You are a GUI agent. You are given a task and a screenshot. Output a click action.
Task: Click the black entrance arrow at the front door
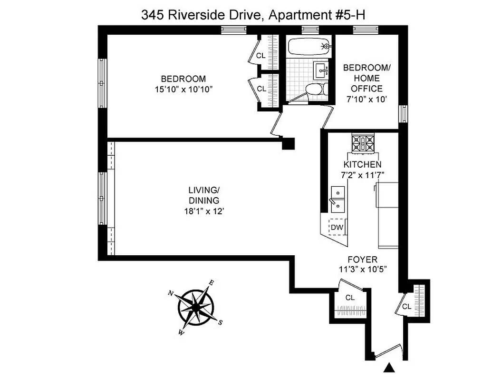[x=389, y=367]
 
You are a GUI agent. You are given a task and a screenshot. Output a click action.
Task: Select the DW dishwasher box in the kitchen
[x=337, y=227]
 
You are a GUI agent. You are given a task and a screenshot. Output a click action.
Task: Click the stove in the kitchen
[x=363, y=142]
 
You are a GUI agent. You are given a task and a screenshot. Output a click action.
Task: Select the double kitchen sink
[x=338, y=199]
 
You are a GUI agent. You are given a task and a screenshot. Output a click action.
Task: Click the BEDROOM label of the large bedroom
[x=183, y=79]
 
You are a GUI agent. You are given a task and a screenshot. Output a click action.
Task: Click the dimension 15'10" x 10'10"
[x=183, y=89]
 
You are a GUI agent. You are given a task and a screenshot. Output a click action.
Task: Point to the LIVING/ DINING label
[x=203, y=195]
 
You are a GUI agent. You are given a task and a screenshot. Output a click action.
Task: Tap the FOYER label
[x=362, y=260]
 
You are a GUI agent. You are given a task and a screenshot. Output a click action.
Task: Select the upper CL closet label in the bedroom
[x=261, y=56]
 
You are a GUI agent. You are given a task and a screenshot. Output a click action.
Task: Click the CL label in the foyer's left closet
[x=350, y=298]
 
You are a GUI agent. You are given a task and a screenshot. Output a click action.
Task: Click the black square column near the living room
[x=288, y=144]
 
